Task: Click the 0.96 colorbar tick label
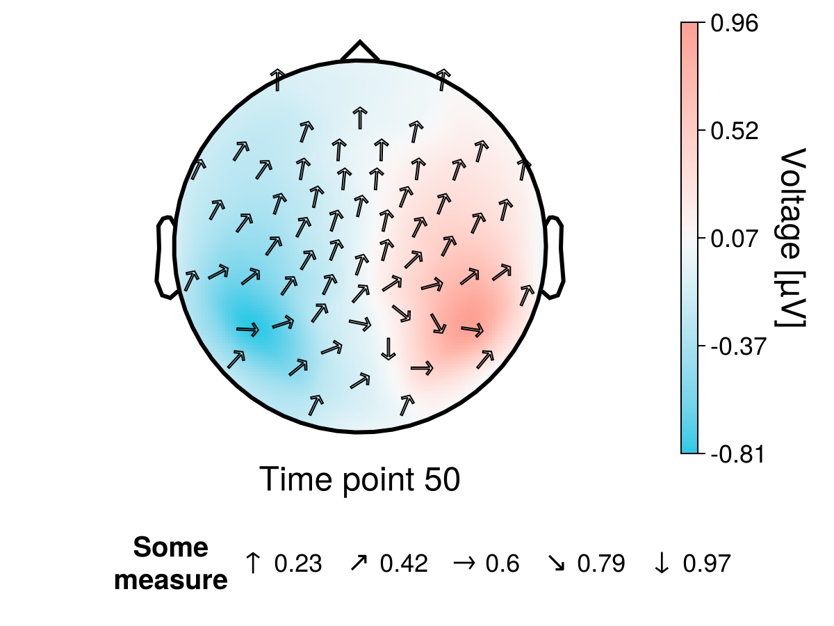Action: point(737,24)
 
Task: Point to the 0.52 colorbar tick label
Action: point(737,131)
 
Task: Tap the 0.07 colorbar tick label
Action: point(737,239)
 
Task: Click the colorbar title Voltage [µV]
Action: point(793,238)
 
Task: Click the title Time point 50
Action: point(359,480)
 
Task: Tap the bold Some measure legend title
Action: point(171,563)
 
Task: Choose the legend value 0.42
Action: point(404,563)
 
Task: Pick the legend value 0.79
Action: point(601,563)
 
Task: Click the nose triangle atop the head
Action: point(359,52)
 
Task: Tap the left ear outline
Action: point(164,257)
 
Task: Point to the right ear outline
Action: point(555,257)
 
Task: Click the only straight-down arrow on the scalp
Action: point(388,348)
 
